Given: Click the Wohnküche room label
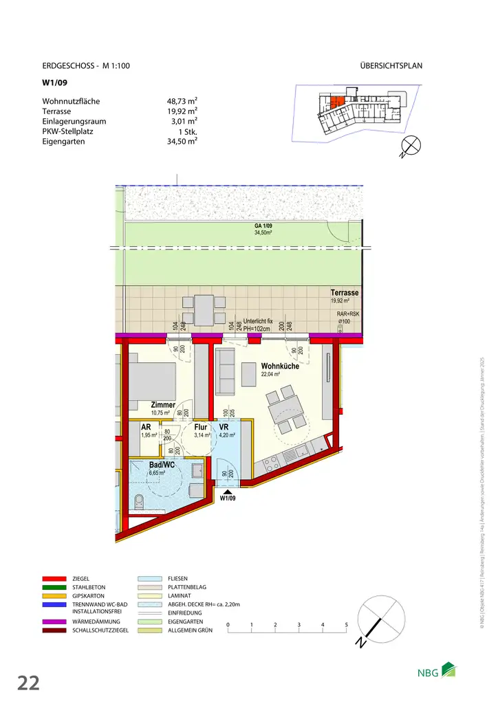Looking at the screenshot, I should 279,366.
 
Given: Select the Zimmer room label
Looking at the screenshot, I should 163,405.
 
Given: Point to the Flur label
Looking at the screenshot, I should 201,427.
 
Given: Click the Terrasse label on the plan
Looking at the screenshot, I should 345,293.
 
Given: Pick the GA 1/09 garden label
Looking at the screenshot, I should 264,226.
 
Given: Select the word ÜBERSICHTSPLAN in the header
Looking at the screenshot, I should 391,66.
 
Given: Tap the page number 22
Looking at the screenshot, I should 28,683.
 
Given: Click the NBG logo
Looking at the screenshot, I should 437,672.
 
